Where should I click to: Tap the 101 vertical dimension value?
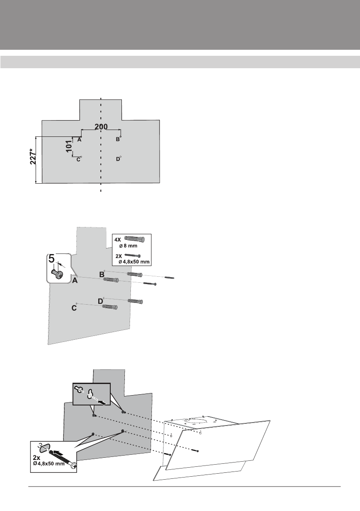(69, 147)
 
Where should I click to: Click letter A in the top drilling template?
(80, 140)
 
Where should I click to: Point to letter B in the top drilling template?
(117, 139)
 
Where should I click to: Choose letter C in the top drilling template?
(78, 160)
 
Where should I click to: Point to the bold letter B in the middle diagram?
(102, 274)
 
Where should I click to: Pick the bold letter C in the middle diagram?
(74, 308)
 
